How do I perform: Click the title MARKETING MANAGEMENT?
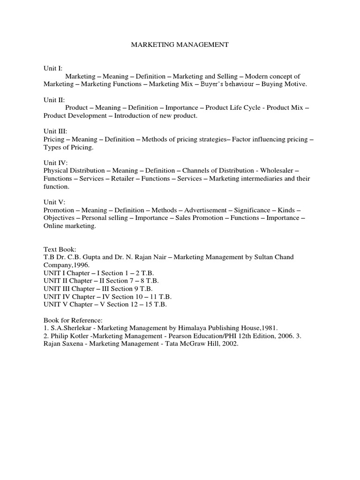180,45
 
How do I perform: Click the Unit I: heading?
53,68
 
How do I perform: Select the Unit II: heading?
54,100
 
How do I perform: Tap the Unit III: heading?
55,132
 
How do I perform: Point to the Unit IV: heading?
55,163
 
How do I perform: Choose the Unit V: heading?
54,202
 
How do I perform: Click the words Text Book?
60,249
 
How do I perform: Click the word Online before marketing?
54,226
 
